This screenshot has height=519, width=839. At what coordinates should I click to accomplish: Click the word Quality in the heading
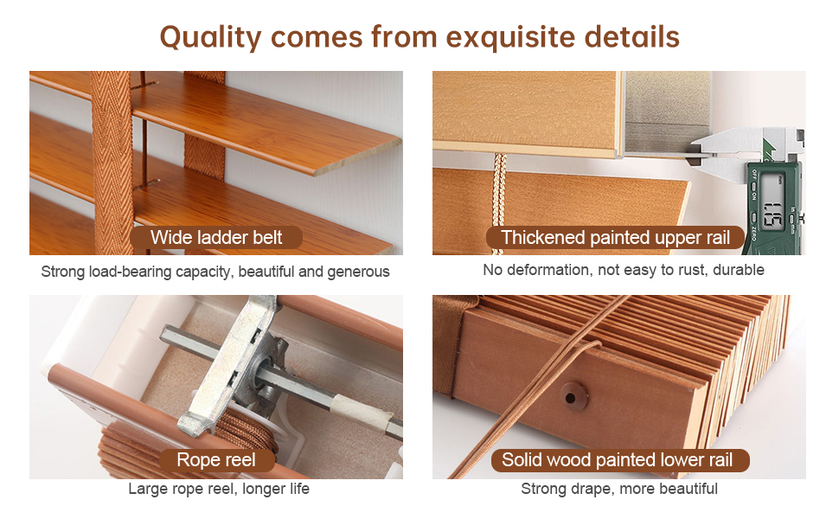(211, 37)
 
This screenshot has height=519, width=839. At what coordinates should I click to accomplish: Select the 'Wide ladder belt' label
(216, 238)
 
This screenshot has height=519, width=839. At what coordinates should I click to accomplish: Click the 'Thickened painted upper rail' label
(616, 238)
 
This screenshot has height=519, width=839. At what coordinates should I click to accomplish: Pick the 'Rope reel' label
(216, 460)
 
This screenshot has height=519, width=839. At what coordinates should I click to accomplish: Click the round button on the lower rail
(571, 397)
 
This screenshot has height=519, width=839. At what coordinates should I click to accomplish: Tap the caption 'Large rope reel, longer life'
(219, 489)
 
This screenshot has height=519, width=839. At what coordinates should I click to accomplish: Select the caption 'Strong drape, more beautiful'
(619, 489)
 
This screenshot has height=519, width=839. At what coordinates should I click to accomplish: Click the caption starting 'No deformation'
(624, 270)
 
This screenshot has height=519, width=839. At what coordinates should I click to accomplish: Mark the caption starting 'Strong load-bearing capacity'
(215, 272)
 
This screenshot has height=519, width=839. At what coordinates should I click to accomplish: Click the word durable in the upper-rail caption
(738, 270)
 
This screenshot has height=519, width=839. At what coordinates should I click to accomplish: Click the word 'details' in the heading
(632, 37)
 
